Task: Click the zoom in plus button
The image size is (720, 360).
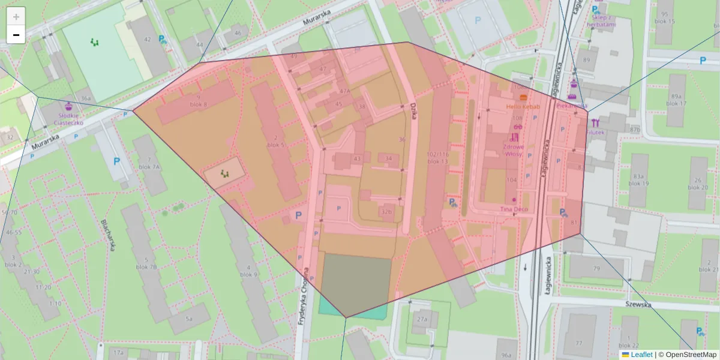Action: pyautogui.click(x=16, y=16)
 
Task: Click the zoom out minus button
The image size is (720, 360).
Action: pyautogui.click(x=16, y=35)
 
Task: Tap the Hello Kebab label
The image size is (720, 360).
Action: pyautogui.click(x=523, y=107)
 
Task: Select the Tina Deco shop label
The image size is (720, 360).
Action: pyautogui.click(x=514, y=209)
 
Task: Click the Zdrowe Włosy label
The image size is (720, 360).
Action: pyautogui.click(x=514, y=150)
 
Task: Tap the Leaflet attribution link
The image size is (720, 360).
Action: pyautogui.click(x=641, y=355)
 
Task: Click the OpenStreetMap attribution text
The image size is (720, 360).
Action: pyautogui.click(x=687, y=355)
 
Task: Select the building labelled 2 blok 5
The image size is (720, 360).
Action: pyautogui.click(x=275, y=141)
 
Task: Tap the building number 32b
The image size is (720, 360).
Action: pyautogui.click(x=386, y=211)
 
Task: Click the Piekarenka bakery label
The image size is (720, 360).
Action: pyautogui.click(x=571, y=106)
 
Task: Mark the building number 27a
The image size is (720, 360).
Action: pyautogui.click(x=422, y=320)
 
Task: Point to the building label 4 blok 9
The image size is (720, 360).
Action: pyautogui.click(x=248, y=271)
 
